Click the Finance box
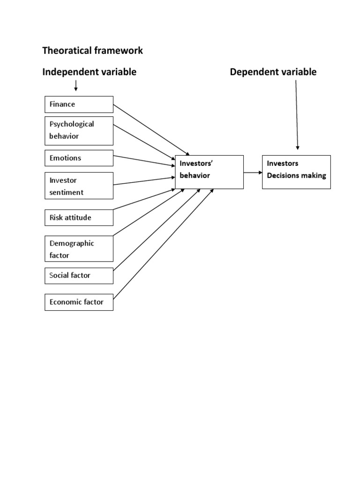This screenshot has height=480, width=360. [79, 104]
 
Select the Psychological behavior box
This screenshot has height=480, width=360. [79, 130]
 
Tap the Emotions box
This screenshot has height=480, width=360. [79, 158]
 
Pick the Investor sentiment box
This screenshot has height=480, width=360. [79, 186]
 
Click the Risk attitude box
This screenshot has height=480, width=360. [79, 217]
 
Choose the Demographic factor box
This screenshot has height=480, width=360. [79, 249]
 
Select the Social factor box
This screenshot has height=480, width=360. [79, 276]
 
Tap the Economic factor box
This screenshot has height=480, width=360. [79, 302]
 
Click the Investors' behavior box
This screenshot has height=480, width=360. [209, 172]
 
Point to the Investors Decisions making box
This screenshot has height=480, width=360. [296, 172]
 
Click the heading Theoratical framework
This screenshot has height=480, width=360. [92, 51]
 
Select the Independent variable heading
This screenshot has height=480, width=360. [89, 72]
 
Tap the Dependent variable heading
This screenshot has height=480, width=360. [273, 72]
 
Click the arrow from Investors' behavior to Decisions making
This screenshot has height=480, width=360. [253, 172]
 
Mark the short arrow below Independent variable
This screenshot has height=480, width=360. [76, 86]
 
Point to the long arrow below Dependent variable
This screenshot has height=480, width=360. [297, 115]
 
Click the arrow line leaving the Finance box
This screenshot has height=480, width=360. [150, 129]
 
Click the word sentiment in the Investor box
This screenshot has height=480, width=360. [67, 192]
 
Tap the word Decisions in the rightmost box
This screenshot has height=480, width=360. [284, 176]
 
